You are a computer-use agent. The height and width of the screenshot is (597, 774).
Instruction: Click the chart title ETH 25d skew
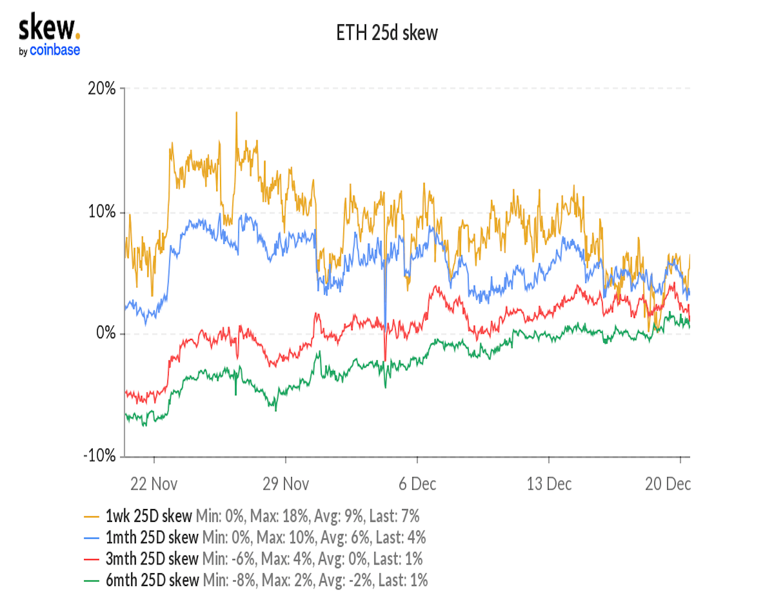386,33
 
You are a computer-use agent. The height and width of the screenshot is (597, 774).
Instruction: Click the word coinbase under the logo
55,50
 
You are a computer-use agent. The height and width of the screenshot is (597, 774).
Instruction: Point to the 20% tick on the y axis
102,88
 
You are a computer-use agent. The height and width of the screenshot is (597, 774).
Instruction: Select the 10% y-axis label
102,212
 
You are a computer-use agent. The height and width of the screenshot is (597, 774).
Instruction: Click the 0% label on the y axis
106,333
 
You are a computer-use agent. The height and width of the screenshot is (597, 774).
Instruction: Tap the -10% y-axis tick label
100,456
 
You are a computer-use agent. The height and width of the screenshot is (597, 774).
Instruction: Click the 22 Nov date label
154,484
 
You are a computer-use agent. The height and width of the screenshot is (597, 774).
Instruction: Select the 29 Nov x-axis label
285,484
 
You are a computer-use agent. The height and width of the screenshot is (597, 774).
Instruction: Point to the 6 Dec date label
417,484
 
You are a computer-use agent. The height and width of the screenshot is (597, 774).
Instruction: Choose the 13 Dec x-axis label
549,484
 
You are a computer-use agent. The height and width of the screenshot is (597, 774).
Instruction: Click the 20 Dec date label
668,484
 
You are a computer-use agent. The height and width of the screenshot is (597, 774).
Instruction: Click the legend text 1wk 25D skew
149,516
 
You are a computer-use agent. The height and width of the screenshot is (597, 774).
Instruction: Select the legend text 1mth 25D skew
152,537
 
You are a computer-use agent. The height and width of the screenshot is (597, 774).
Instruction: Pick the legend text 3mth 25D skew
152,559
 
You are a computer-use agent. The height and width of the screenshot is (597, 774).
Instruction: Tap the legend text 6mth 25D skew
152,580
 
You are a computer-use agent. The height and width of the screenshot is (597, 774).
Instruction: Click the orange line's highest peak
237,113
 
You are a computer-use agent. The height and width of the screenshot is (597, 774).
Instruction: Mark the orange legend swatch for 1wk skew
91,517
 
